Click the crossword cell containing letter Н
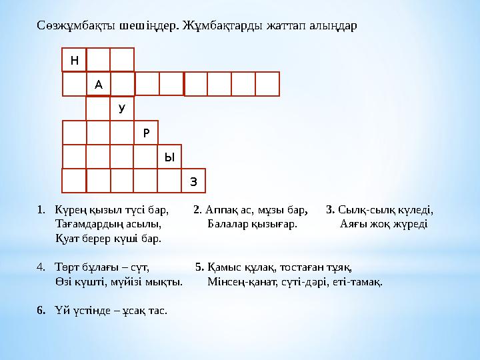74,60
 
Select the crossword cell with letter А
99,84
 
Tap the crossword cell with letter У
122,108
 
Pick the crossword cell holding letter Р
146,132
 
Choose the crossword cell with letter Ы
170,157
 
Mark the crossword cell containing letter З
194,181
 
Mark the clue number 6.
41,310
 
